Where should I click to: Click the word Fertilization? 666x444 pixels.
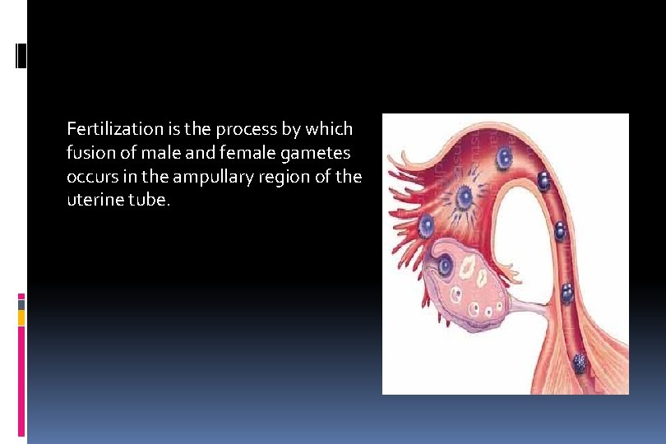point(104,129)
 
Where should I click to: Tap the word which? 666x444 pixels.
point(330,129)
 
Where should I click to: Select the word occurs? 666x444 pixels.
point(88,178)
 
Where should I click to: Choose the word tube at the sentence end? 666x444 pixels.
point(153,201)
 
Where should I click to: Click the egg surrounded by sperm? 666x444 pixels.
point(464,197)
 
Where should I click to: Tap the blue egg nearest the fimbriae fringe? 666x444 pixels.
point(426,224)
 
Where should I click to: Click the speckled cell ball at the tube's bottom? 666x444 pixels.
point(580,361)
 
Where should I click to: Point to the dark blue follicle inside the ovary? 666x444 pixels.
point(446,265)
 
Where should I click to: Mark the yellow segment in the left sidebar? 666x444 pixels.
point(21,317)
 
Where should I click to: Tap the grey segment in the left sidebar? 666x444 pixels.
point(21,304)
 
